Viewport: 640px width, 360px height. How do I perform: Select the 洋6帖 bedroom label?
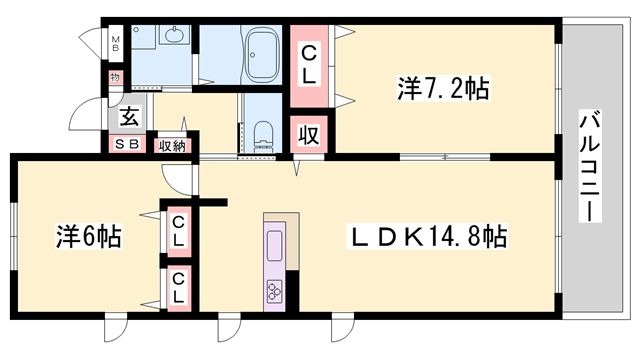point(87,237)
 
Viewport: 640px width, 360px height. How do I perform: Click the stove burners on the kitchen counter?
point(274,290)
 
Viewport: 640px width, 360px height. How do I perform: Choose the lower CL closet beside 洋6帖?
point(178,288)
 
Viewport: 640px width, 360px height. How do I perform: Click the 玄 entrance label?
point(130,116)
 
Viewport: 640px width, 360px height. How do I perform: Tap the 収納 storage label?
point(171,146)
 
